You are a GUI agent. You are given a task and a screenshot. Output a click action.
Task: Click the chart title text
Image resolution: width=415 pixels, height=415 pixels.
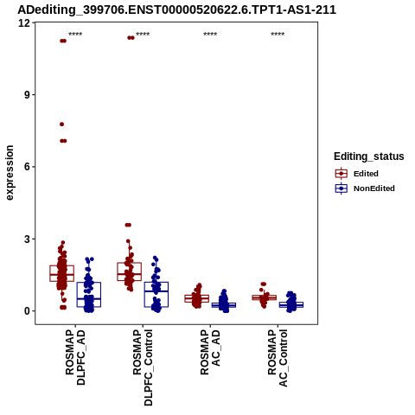pyautogui.click(x=176, y=10)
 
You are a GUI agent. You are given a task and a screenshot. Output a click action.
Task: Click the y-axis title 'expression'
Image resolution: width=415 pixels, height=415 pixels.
pyautogui.click(x=10, y=173)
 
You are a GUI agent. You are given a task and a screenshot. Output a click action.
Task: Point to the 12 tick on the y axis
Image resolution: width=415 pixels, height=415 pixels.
pyautogui.click(x=24, y=22)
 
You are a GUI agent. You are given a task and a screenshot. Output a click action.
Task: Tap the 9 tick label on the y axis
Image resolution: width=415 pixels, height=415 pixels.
pyautogui.click(x=28, y=95)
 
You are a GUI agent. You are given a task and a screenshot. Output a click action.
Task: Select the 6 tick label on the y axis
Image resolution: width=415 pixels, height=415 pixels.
pyautogui.click(x=28, y=167)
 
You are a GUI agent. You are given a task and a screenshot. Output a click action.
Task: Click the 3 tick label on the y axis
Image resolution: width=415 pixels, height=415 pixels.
pyautogui.click(x=28, y=239)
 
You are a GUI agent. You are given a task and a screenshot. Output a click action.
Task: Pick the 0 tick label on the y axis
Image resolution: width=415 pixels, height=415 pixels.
pyautogui.click(x=28, y=311)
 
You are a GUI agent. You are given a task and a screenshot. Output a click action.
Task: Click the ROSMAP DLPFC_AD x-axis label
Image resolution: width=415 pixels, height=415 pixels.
pyautogui.click(x=75, y=357)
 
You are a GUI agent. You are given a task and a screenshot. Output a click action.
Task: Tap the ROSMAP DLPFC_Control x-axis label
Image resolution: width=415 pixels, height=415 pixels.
pyautogui.click(x=143, y=367)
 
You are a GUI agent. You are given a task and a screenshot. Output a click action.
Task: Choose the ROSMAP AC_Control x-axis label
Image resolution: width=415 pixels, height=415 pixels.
pyautogui.click(x=278, y=358)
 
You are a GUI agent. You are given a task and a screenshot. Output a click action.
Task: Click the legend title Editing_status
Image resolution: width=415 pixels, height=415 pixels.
pyautogui.click(x=369, y=156)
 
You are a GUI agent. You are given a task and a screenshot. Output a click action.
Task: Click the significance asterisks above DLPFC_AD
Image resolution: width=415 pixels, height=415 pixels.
pyautogui.click(x=75, y=35)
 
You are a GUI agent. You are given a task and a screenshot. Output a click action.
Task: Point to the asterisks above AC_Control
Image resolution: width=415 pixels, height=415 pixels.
pyautogui.click(x=278, y=35)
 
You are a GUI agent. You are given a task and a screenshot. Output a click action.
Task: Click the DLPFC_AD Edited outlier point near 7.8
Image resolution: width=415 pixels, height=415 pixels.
pyautogui.click(x=61, y=124)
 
